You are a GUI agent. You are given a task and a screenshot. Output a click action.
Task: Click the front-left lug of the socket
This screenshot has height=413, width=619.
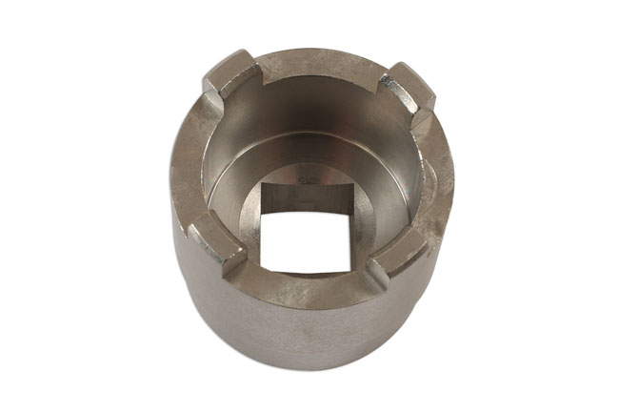[223, 250]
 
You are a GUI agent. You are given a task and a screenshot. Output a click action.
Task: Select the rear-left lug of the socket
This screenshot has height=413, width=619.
[226, 76]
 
